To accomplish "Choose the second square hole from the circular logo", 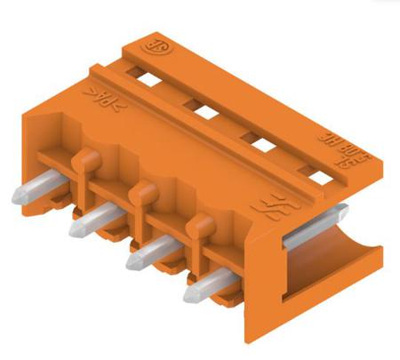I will click(x=205, y=111).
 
